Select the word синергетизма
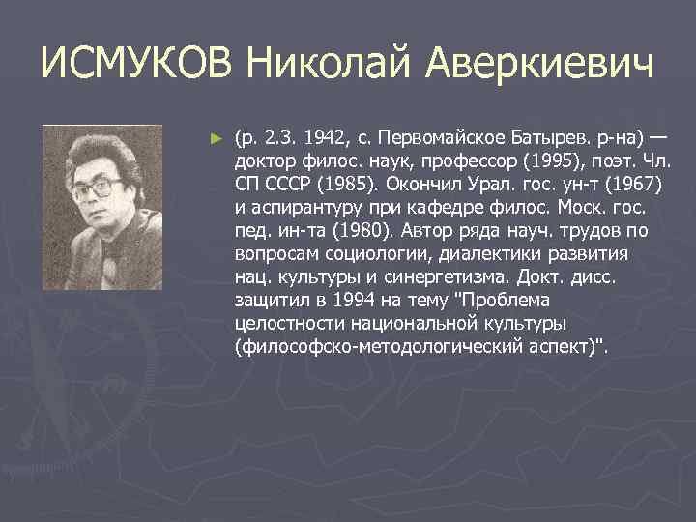point(431,277)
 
